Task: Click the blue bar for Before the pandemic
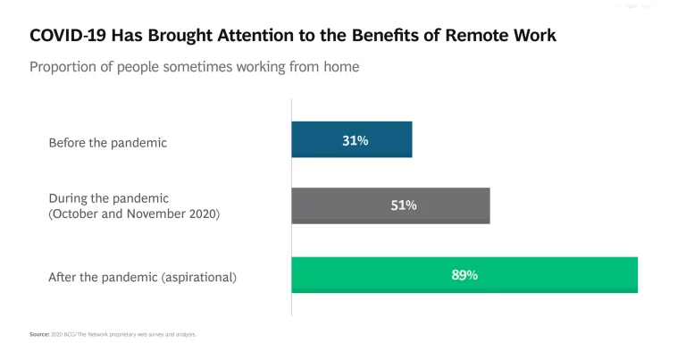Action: click(x=352, y=140)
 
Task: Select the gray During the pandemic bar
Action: click(x=390, y=205)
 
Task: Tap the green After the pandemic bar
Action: click(x=464, y=275)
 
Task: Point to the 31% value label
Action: click(x=356, y=140)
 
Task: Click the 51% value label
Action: click(x=404, y=205)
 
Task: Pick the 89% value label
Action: click(x=464, y=275)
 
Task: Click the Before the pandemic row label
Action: click(x=107, y=142)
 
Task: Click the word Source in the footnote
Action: click(x=39, y=334)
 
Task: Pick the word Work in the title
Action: click(x=537, y=37)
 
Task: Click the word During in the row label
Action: click(x=68, y=197)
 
